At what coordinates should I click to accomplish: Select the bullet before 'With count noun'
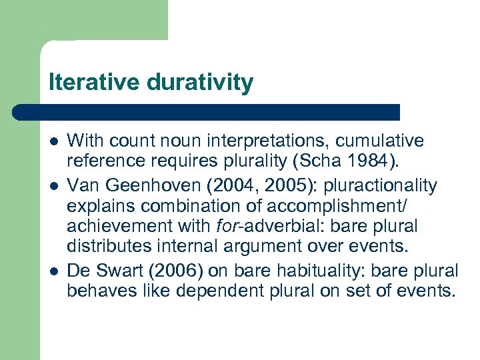click(x=53, y=142)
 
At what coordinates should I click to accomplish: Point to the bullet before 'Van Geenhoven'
click(x=53, y=185)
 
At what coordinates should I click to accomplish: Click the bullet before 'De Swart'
click(x=53, y=272)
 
